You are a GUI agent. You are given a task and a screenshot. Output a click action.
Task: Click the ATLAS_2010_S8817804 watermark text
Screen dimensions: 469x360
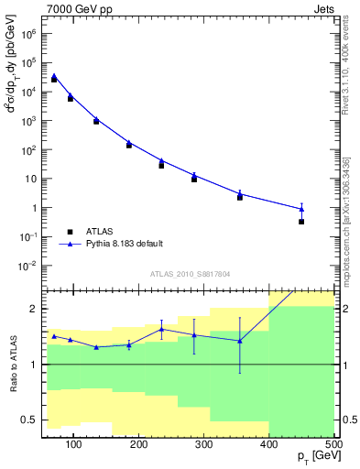[190, 273]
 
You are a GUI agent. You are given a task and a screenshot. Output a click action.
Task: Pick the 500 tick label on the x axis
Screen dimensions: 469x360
[333, 445]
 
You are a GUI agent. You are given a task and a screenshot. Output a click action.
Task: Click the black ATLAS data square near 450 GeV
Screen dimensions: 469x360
[301, 222]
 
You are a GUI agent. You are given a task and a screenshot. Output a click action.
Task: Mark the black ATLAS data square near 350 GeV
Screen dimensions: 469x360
[240, 197]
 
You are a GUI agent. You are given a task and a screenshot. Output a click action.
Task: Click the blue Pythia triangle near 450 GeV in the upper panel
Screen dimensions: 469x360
[301, 209]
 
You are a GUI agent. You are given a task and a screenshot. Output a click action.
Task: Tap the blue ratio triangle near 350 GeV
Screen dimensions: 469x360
[240, 341]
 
